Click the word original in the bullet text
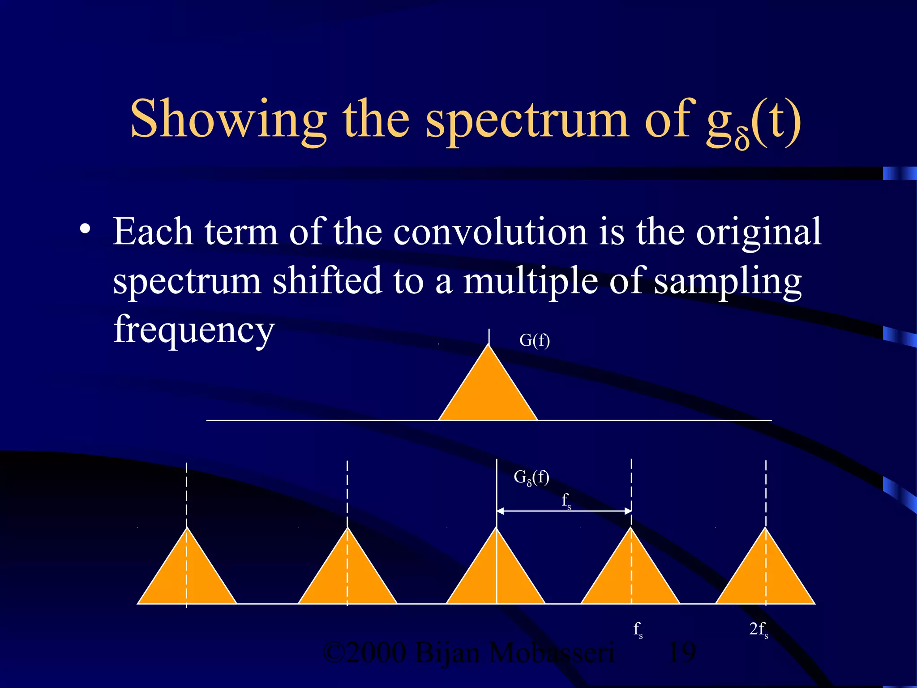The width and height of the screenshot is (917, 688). (758, 233)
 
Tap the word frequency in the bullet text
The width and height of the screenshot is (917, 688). (193, 329)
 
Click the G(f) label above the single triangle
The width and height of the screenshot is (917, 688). (534, 340)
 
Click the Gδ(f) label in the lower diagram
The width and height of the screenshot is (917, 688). (531, 477)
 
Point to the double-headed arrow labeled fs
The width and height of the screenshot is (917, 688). (564, 511)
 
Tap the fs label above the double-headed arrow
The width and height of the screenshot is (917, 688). (566, 500)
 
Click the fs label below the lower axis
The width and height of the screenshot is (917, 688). (638, 630)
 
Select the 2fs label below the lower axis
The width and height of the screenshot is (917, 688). (758, 630)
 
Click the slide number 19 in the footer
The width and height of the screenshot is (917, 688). (681, 653)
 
